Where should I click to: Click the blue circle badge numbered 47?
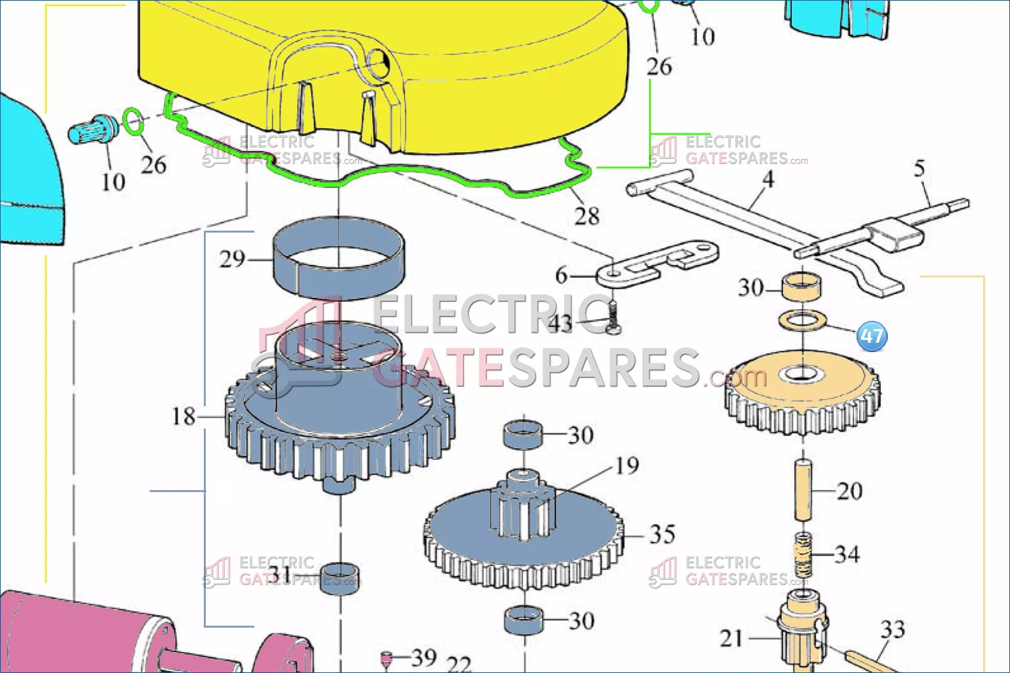pyautogui.click(x=872, y=336)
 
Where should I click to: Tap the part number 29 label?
pyautogui.click(x=232, y=259)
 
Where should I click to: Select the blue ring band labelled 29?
pyautogui.click(x=339, y=258)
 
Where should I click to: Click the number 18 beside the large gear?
pyautogui.click(x=183, y=416)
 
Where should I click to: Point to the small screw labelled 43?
pyautogui.click(x=613, y=318)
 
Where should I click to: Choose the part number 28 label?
pyautogui.click(x=587, y=216)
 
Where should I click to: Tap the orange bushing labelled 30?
pyautogui.click(x=801, y=286)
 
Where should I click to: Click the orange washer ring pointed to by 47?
pyautogui.click(x=802, y=320)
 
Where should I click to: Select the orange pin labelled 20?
pyautogui.click(x=803, y=490)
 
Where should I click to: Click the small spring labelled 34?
pyautogui.click(x=802, y=555)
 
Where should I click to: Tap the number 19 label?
pyautogui.click(x=627, y=465)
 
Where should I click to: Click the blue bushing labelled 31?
pyautogui.click(x=340, y=579)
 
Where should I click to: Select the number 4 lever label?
pyautogui.click(x=768, y=179)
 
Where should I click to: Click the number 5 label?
pyautogui.click(x=920, y=168)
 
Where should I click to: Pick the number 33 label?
pyautogui.click(x=892, y=629)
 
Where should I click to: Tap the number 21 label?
pyautogui.click(x=731, y=638)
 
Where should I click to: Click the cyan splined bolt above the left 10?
pyautogui.click(x=94, y=129)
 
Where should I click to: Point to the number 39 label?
pyautogui.click(x=424, y=657)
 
